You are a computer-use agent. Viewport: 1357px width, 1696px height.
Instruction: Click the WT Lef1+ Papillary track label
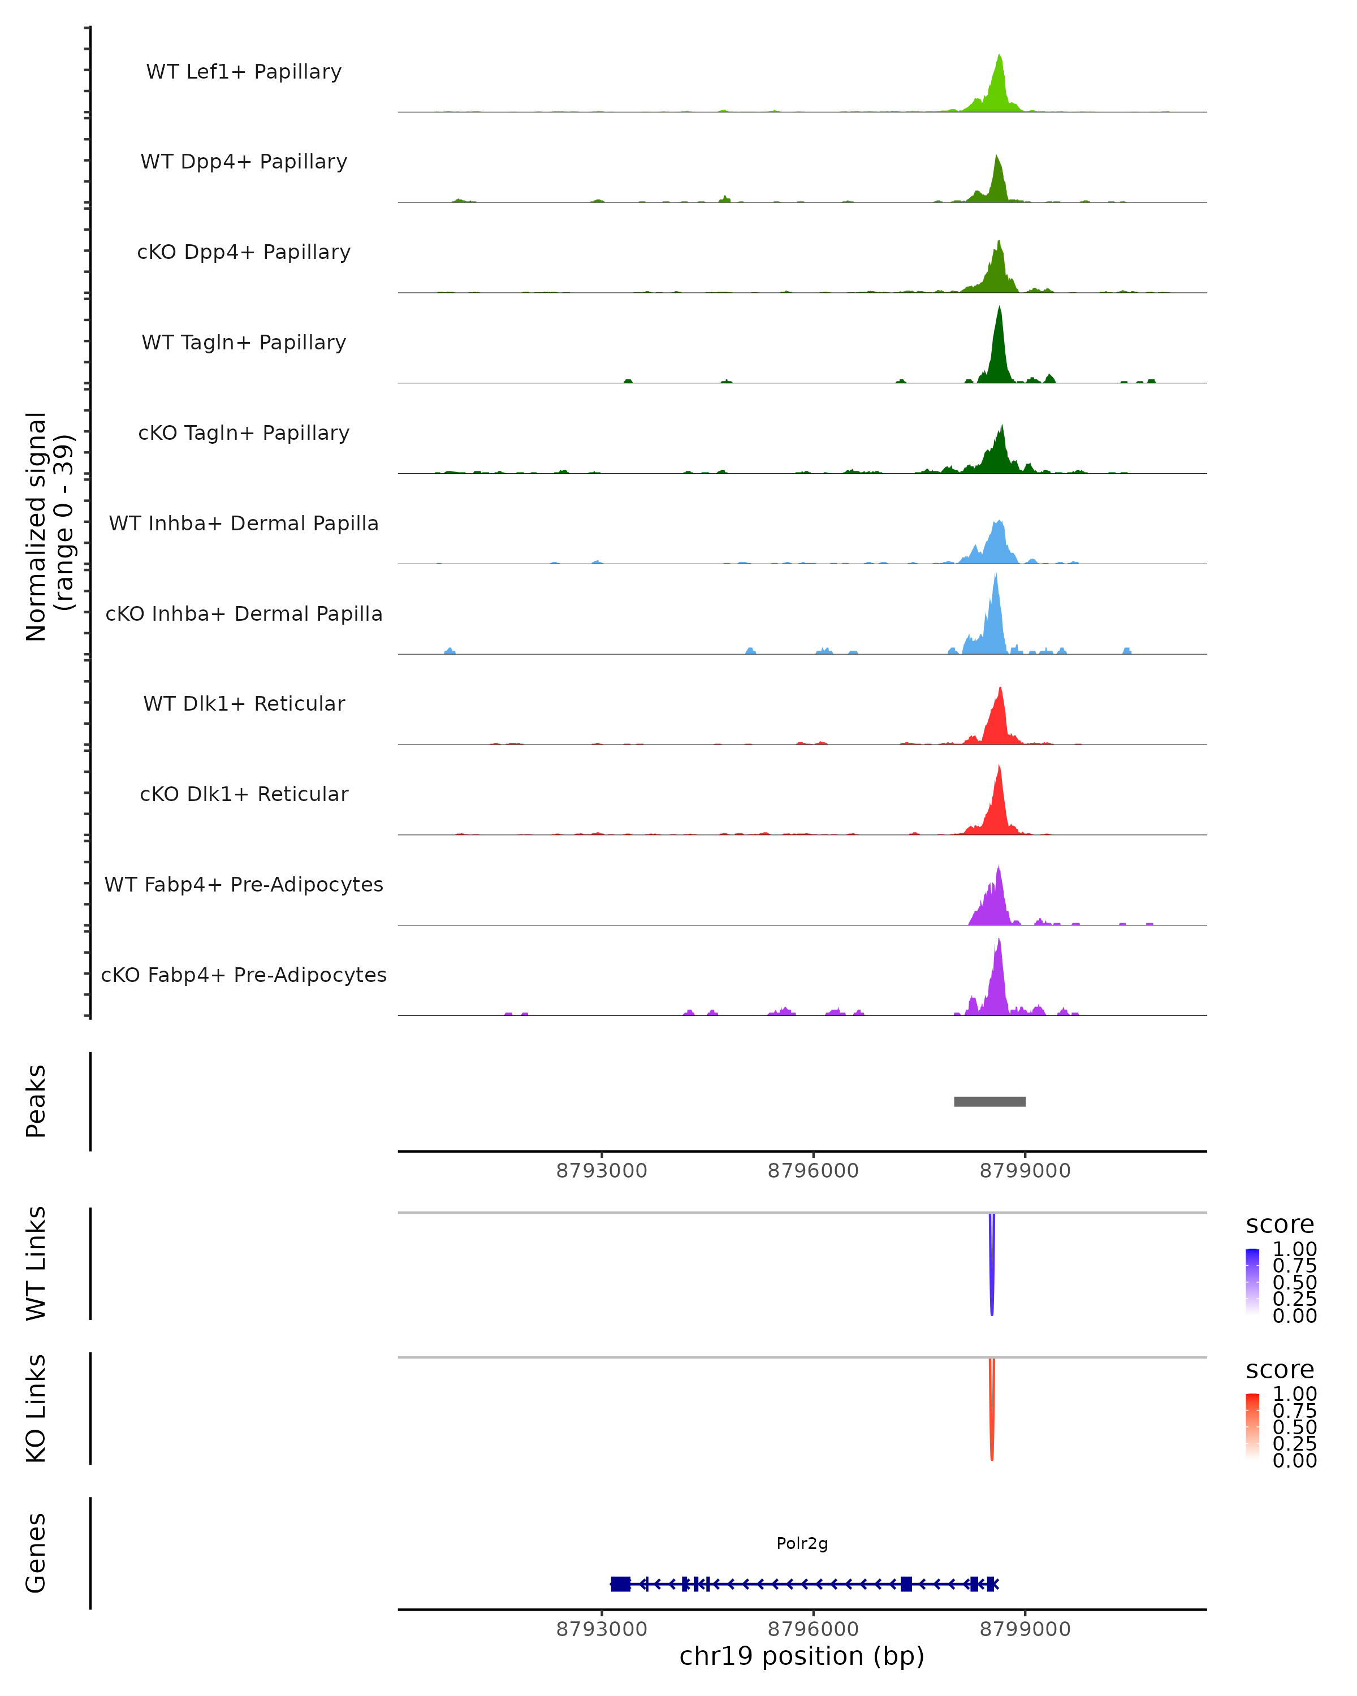tap(244, 72)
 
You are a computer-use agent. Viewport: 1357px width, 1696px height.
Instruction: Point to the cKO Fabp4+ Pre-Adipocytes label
tap(244, 975)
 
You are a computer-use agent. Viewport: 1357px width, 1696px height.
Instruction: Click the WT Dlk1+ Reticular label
tap(244, 703)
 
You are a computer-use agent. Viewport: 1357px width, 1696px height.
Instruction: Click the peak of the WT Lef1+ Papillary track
tap(999, 56)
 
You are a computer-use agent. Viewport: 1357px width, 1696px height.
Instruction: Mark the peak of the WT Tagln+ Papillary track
tap(999, 308)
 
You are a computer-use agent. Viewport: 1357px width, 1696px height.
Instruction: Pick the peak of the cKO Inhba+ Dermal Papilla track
tap(996, 575)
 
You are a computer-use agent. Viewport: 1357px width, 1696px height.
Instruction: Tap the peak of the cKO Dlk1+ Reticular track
tap(999, 766)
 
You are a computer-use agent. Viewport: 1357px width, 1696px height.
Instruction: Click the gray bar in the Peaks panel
tap(989, 1101)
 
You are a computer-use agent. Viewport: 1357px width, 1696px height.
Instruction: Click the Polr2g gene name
tap(802, 1543)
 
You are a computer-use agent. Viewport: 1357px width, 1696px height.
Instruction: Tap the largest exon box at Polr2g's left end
tap(621, 1584)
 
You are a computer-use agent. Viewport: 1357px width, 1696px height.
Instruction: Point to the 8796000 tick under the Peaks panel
tap(814, 1171)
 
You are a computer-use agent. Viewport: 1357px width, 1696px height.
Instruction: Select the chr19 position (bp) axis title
tap(802, 1656)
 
